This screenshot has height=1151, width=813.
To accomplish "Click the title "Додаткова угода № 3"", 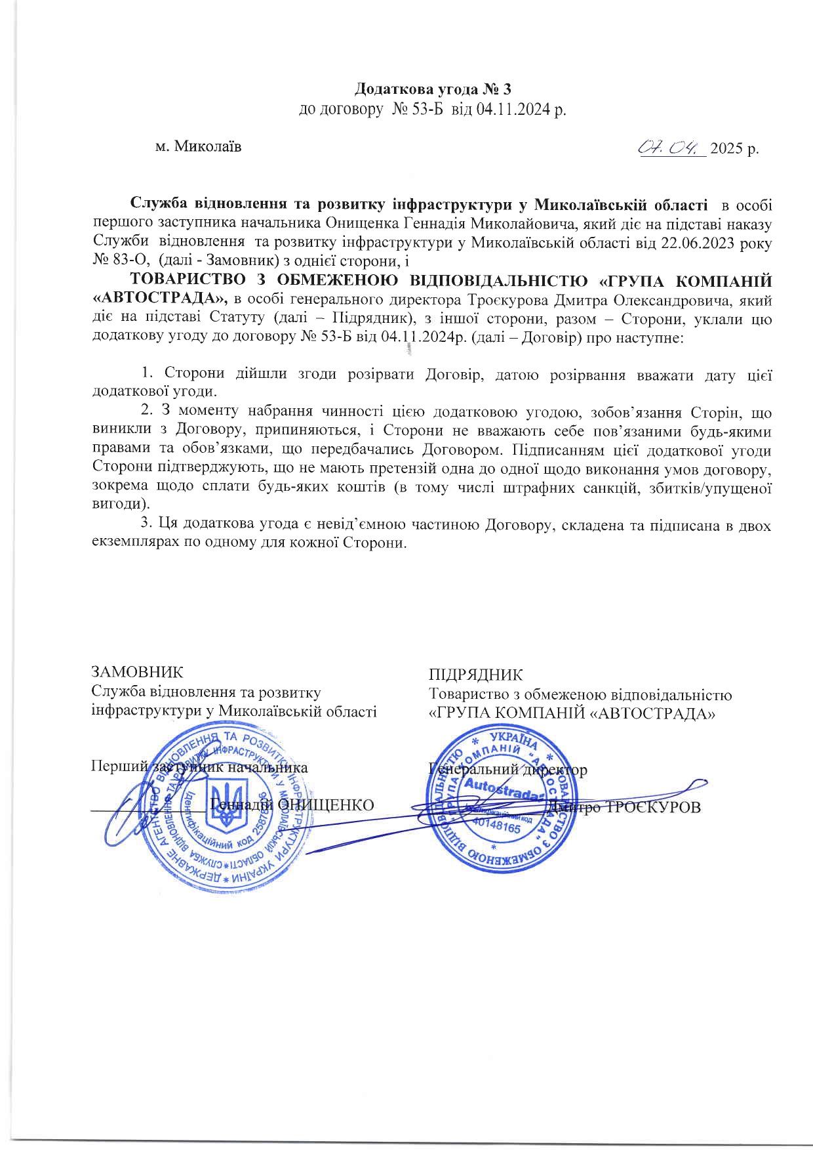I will tap(432, 90).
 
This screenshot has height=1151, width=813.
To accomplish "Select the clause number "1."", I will tap(148, 374).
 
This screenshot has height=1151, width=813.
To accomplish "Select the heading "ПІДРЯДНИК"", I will tap(476, 675).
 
